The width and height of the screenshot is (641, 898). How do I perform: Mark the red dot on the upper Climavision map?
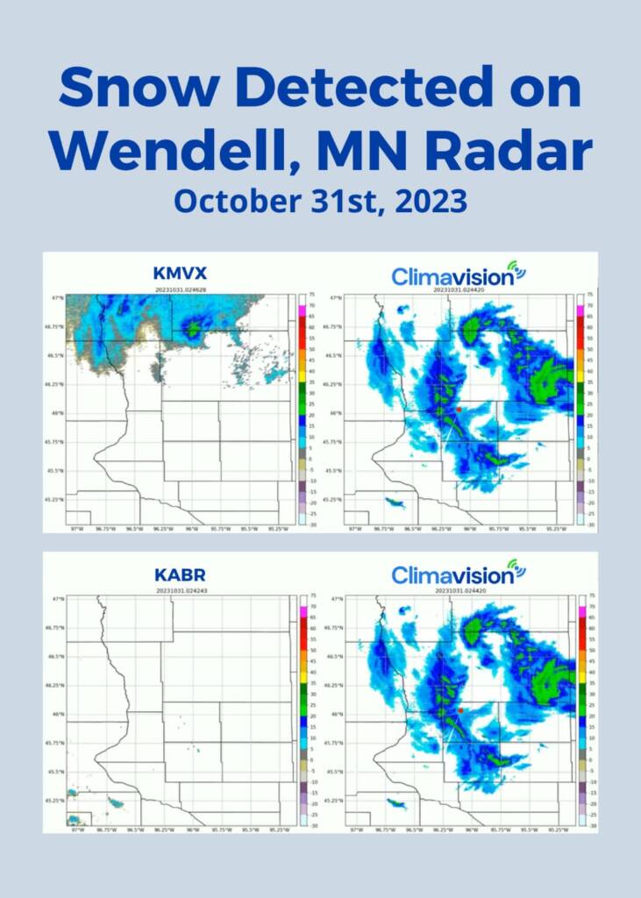[x=459, y=409]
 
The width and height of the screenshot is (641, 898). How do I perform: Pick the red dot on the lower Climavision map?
[x=460, y=709]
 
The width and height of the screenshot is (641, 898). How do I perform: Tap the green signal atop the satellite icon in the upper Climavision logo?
[x=519, y=265]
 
